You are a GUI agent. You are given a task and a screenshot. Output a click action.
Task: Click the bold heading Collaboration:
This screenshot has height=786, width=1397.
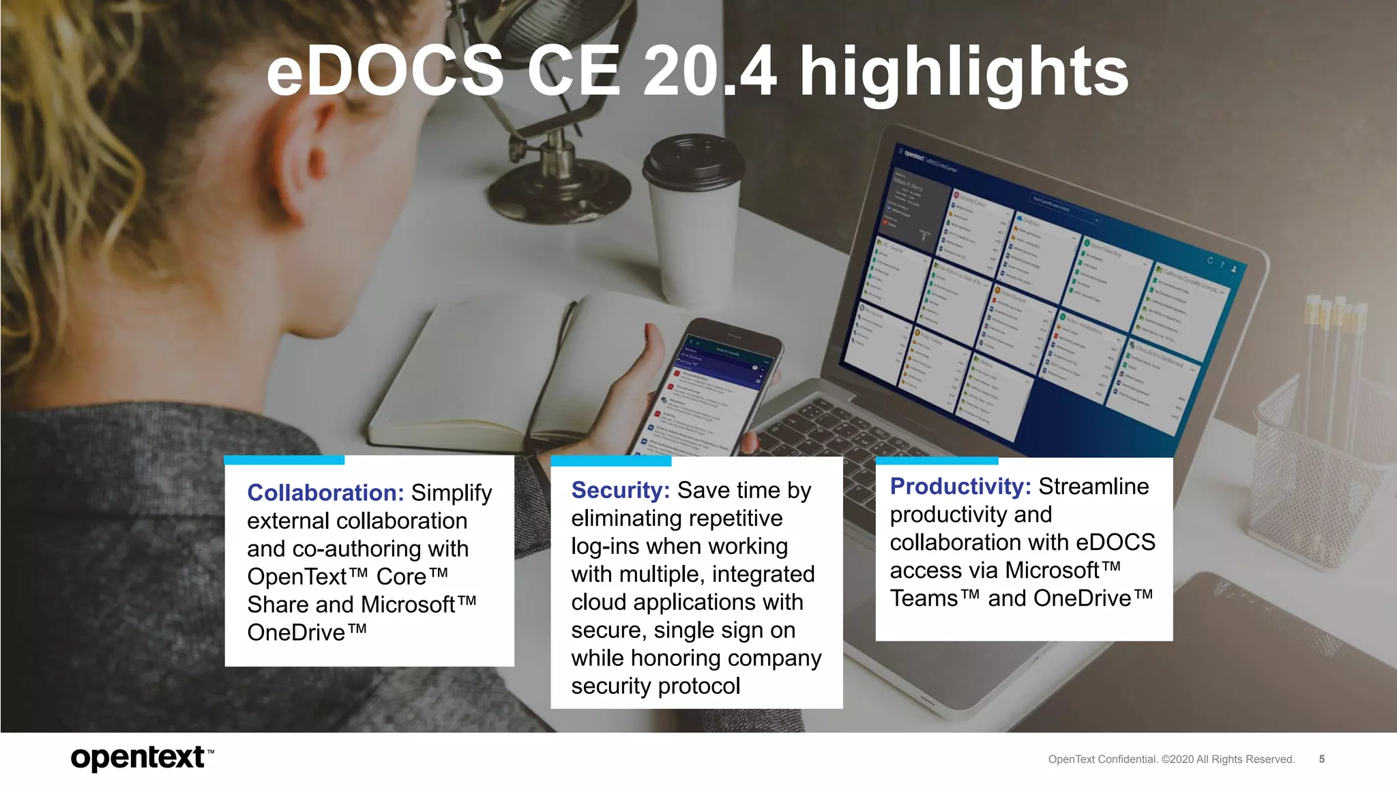[x=325, y=493]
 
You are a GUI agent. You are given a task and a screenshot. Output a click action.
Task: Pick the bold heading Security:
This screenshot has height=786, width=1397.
[x=620, y=490]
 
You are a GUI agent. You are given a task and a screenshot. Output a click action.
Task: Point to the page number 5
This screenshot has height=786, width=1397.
[x=1321, y=759]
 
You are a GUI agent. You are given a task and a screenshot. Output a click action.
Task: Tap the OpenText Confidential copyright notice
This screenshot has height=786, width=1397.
[x=1171, y=759]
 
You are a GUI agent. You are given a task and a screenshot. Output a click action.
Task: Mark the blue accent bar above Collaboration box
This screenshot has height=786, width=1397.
[x=284, y=460]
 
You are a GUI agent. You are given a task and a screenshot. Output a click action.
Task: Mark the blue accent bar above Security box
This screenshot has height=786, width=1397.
[x=611, y=461]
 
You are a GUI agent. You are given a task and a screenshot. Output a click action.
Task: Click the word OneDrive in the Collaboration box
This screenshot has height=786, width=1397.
[x=297, y=632]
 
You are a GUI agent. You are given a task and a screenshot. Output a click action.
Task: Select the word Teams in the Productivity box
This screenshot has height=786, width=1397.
[x=924, y=598]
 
